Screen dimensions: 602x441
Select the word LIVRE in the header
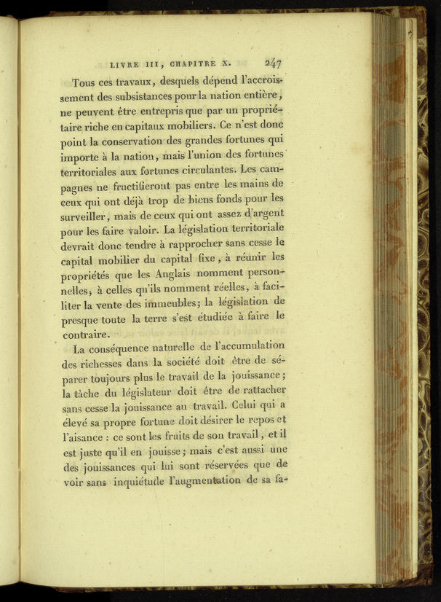coord(122,63)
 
